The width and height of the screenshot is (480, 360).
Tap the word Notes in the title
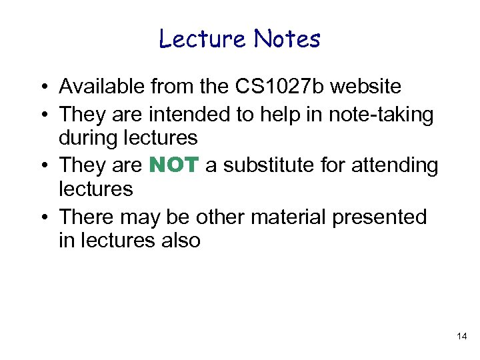point(287,39)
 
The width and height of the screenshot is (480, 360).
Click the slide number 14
point(462,337)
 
